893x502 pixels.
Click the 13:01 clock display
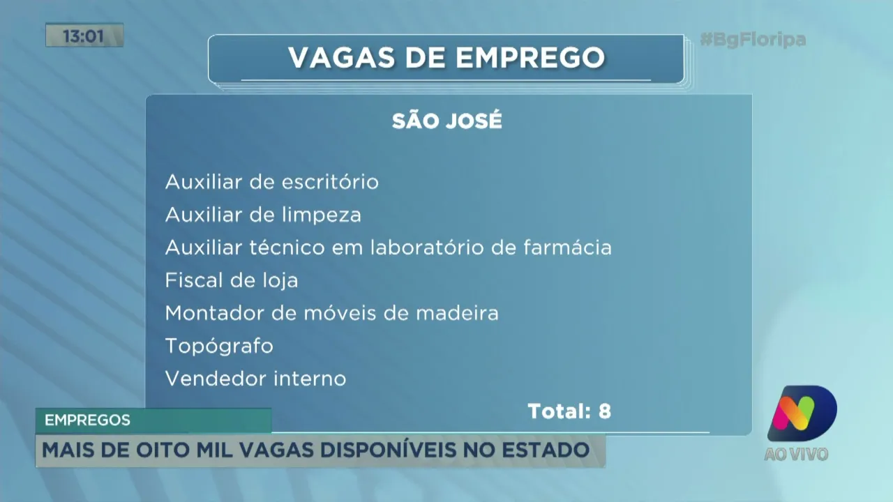(84, 36)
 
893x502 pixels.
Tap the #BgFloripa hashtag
(753, 40)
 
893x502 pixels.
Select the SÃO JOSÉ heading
(446, 121)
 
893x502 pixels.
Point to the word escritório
(330, 183)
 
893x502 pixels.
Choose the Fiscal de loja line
(232, 281)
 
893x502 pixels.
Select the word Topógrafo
(219, 347)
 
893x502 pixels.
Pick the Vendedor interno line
(255, 379)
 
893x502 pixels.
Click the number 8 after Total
(604, 412)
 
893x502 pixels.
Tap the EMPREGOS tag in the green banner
(87, 420)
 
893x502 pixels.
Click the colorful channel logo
(802, 413)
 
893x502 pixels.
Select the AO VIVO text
(796, 455)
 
